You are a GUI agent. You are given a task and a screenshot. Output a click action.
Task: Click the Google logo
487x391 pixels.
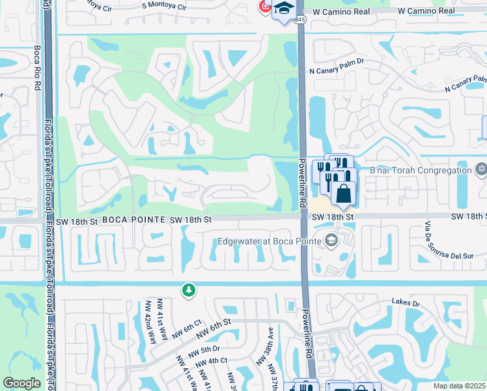[21, 383]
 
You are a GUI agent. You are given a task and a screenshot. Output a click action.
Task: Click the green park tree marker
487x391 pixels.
[189, 290]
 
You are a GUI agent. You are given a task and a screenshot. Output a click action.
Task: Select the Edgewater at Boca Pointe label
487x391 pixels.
[270, 241]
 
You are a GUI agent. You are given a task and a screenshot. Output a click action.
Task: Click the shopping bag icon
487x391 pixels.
[343, 192]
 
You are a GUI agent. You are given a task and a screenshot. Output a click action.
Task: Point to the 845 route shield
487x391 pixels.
[299, 21]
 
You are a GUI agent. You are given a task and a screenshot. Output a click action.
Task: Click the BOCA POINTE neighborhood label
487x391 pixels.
[133, 220]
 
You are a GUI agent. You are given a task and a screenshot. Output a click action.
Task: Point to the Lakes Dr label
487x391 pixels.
[406, 302]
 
